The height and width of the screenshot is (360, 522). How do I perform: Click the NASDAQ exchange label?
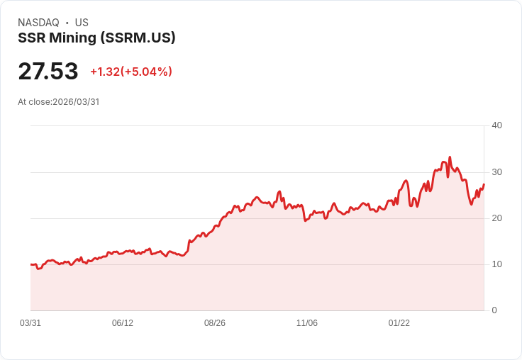click(x=38, y=23)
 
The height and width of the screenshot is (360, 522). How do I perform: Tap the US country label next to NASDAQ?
click(x=82, y=23)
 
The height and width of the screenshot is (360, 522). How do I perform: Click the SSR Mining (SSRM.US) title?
click(x=96, y=38)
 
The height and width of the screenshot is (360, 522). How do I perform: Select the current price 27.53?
click(x=48, y=72)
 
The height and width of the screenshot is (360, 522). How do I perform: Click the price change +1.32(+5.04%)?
click(x=131, y=72)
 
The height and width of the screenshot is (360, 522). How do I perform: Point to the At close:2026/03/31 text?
click(x=59, y=101)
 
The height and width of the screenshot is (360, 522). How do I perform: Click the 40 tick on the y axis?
click(x=496, y=125)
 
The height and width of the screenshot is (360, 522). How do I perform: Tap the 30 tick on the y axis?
click(x=496, y=171)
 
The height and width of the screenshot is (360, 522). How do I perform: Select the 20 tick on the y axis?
click(x=496, y=218)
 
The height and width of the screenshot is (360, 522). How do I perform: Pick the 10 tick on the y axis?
click(x=496, y=264)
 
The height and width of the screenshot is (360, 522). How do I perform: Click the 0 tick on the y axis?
click(x=494, y=310)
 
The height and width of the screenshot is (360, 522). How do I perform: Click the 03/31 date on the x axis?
click(x=30, y=323)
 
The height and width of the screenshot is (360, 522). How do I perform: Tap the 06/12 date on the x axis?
click(x=123, y=323)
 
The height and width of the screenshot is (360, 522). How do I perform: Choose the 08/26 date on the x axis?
click(x=215, y=323)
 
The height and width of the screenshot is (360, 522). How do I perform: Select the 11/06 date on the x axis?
click(x=307, y=323)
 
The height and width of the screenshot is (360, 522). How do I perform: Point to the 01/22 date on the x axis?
click(x=399, y=323)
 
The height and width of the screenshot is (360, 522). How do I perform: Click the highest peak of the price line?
click(x=450, y=157)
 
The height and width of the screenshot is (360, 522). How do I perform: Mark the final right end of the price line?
click(x=484, y=184)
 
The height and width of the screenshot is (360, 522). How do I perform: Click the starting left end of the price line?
click(x=31, y=264)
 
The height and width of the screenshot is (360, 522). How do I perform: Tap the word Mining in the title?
click(x=72, y=38)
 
